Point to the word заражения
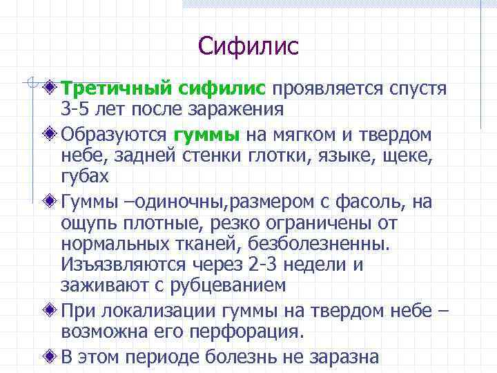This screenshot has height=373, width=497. pyautogui.click(x=240, y=109)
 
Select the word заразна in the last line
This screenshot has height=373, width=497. pyautogui.click(x=344, y=356)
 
